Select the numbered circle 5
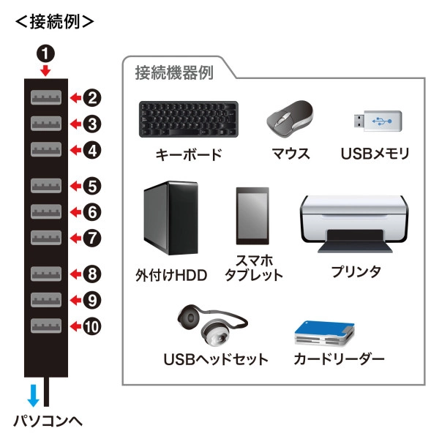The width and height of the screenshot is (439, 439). pos(91,187)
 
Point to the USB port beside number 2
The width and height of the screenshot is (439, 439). pos(46,97)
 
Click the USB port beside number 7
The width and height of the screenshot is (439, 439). pos(46,237)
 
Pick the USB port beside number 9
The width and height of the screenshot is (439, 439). pos(46,299)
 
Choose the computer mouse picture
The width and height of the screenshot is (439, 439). pos(290,116)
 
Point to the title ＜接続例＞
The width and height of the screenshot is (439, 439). pos(55,21)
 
